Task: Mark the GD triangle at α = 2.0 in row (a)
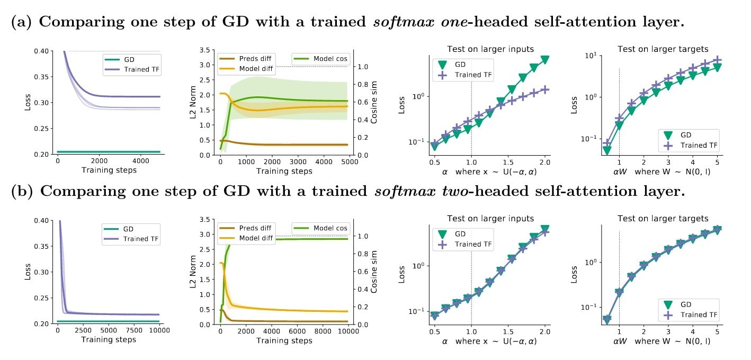544,60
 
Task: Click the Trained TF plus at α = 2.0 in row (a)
544,89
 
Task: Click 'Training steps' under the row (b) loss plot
109,339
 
